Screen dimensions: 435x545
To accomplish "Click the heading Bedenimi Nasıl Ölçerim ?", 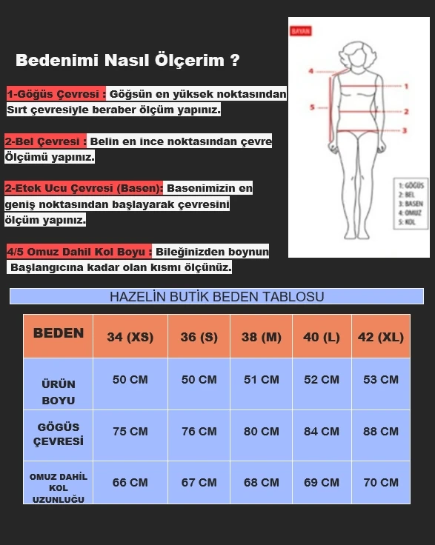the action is tap(127, 61).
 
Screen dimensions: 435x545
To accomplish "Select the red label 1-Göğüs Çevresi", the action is tap(56, 94).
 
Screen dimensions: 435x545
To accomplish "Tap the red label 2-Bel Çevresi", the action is tap(46, 141).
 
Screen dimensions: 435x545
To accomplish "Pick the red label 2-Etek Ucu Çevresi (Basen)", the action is tap(84, 189).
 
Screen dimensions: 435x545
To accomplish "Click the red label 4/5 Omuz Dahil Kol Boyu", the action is tap(79, 252).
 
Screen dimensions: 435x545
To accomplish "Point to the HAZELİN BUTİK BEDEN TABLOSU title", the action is tap(216, 297).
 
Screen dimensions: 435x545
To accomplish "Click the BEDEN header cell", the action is tap(59, 333).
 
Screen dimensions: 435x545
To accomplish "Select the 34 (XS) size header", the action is tap(130, 337).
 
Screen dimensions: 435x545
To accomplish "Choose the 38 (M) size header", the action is tap(261, 337).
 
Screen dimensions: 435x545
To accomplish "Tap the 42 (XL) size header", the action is tap(380, 337).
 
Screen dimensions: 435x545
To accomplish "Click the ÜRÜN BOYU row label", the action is tap(59, 392).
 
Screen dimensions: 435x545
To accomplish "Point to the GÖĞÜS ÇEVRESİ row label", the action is tap(59, 434).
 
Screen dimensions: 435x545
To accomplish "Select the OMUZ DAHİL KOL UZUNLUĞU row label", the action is tap(59, 488).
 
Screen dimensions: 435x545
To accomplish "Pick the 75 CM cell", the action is tap(130, 432).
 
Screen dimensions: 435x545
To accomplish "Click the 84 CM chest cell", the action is tap(321, 432).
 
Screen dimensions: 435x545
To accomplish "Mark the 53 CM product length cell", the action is tap(380, 380).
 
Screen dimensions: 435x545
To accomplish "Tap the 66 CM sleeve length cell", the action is tap(130, 482).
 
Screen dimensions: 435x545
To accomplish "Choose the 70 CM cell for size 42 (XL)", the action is tap(380, 482).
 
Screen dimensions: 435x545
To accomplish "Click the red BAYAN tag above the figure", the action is tap(302, 32).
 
